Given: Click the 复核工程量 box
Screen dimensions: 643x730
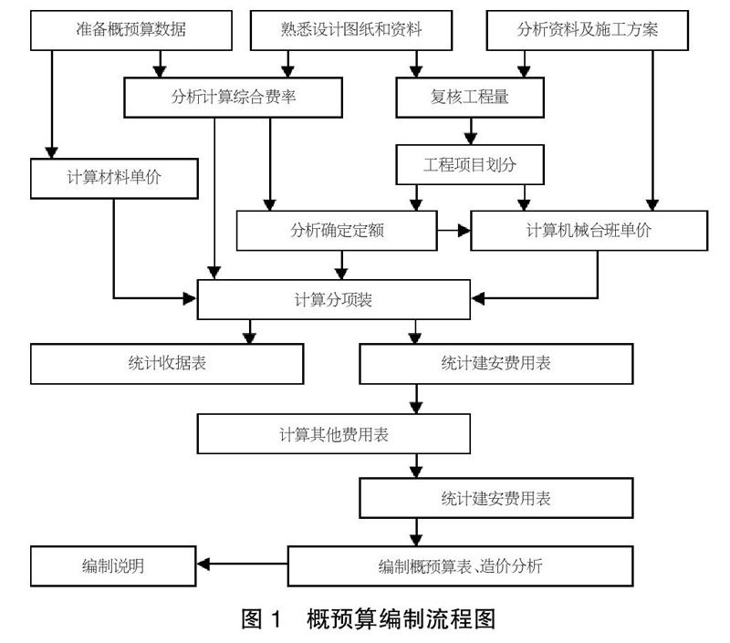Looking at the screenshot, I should coord(469,96).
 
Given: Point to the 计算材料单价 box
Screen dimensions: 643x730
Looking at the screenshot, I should coord(114,178).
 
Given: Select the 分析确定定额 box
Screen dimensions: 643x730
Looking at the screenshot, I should coord(335,231).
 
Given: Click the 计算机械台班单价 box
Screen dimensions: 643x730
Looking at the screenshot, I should coord(589,231).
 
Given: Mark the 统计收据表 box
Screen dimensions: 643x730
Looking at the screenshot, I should coord(167,364).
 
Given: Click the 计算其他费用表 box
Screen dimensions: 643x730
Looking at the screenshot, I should coord(334,433).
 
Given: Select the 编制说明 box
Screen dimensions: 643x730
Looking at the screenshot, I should coord(113,565).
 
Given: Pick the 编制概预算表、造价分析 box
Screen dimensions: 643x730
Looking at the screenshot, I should coord(460,565).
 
